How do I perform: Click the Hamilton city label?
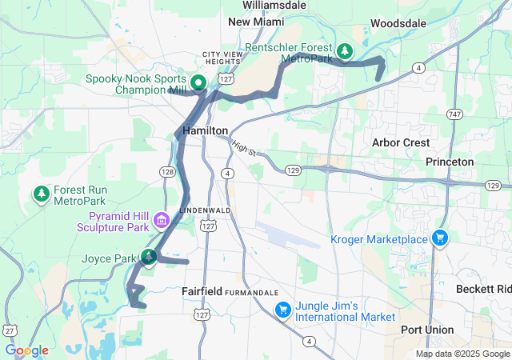(x=206, y=130)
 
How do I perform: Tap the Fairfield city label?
(x=202, y=291)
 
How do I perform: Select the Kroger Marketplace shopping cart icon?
(x=439, y=238)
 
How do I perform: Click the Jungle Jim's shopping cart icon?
(x=282, y=310)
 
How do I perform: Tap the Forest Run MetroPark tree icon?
(x=41, y=193)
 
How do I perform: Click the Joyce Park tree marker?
(x=148, y=257)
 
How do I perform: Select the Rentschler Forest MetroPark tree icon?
(x=344, y=52)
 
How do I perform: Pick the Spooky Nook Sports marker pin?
(x=198, y=82)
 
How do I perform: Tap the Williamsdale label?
(x=274, y=4)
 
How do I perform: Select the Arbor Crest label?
(x=401, y=142)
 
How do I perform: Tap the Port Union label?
(x=427, y=330)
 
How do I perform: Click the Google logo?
(x=26, y=350)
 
